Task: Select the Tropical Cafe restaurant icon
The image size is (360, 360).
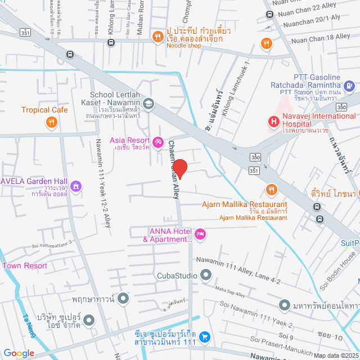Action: [52, 121]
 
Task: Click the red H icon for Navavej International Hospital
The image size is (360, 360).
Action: [273, 120]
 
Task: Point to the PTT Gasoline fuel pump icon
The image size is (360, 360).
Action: [349, 85]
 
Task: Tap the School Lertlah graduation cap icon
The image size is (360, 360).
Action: [148, 103]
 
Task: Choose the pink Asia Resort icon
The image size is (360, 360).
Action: [159, 141]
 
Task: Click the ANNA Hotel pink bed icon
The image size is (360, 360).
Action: [200, 233]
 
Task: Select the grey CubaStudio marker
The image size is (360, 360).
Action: [206, 275]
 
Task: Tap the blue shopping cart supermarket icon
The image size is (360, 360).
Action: [205, 336]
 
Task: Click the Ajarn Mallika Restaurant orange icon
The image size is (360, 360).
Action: [272, 190]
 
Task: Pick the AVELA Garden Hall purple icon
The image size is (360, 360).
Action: [76, 186]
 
